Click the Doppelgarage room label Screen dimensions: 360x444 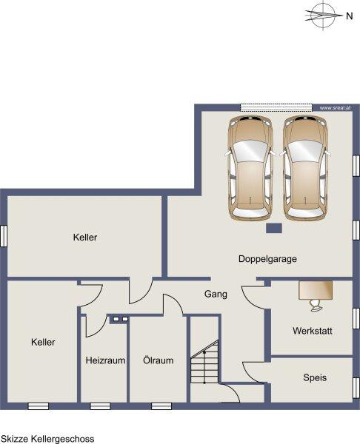tap(267, 259)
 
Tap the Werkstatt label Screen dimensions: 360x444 tap(313, 331)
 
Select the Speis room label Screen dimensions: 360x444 tap(315, 377)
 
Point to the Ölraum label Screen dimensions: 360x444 tap(159, 360)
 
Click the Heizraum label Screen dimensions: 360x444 tap(105, 360)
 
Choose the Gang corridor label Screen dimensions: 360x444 tap(216, 295)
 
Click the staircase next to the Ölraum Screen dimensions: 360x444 tap(204, 363)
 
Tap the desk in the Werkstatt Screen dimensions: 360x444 tap(316, 290)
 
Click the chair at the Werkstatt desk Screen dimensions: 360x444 tap(316, 305)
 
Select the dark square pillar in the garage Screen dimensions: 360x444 tap(274, 228)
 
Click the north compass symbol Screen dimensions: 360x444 tap(323, 15)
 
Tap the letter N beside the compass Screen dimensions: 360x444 tap(349, 16)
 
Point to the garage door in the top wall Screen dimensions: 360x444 tap(276, 107)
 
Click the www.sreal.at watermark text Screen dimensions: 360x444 tap(335, 108)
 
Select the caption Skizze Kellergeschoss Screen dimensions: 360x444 tap(47, 439)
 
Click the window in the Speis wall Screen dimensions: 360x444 tap(356, 388)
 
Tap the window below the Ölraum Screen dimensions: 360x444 tap(161, 406)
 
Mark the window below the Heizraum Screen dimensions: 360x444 tap(100, 406)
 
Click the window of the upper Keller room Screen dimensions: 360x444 tap(4, 236)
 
